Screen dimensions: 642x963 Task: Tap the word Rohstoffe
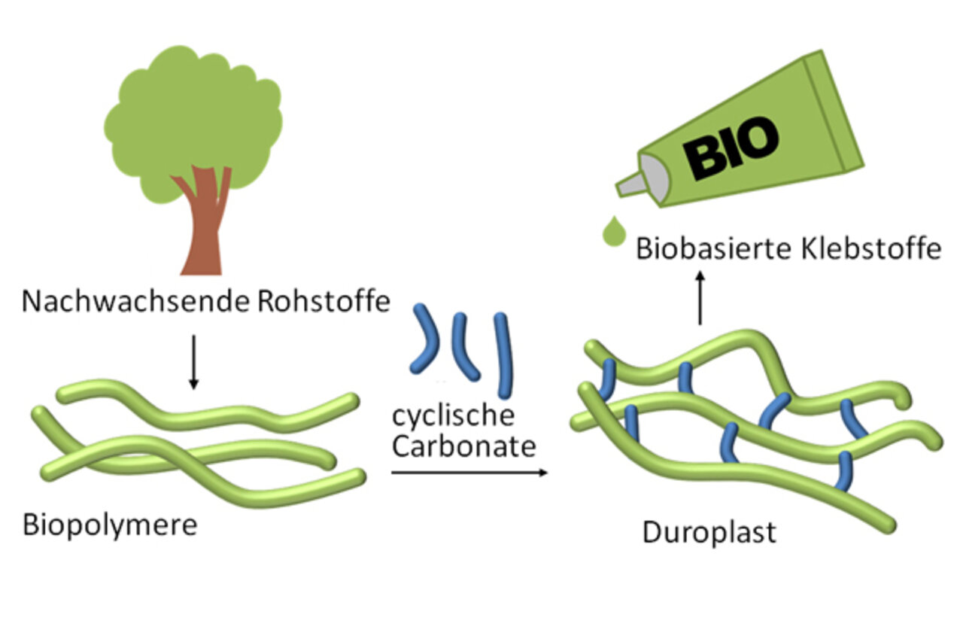coord(324,302)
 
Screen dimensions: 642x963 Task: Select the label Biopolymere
coord(110,525)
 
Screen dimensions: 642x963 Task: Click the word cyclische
coord(454,415)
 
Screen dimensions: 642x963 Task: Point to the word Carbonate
coord(464,446)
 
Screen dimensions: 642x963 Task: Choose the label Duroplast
coord(709,532)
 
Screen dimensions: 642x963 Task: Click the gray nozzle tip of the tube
coord(628,183)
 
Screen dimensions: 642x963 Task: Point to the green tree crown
coord(193,120)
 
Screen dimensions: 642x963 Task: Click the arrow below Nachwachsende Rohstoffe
coord(194,362)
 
